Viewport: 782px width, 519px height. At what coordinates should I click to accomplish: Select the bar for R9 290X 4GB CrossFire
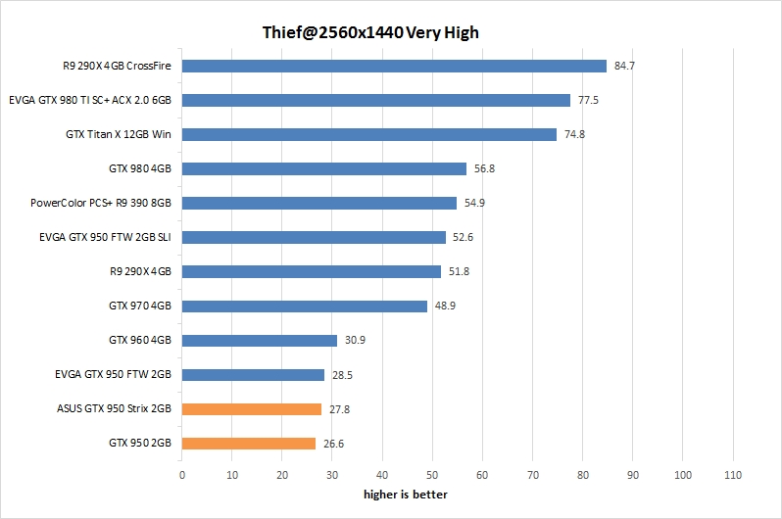click(394, 67)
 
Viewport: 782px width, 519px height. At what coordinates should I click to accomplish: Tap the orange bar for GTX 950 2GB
click(249, 444)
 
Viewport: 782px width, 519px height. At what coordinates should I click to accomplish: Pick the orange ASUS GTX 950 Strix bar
click(252, 409)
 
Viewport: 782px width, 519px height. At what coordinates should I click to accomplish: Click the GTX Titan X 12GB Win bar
click(369, 134)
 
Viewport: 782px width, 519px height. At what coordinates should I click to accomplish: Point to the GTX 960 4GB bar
click(260, 341)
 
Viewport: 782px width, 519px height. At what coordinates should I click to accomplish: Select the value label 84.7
click(625, 67)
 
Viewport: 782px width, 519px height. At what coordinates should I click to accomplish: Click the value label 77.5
click(589, 100)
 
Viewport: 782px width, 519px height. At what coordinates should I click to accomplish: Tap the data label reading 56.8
click(485, 168)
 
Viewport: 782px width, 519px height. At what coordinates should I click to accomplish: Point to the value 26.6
click(334, 444)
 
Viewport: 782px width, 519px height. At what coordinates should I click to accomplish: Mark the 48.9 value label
click(446, 307)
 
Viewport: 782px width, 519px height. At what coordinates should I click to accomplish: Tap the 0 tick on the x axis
click(182, 475)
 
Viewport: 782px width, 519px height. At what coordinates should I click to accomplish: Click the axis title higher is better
click(406, 495)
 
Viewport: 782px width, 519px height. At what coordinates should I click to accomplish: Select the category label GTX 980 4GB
click(140, 168)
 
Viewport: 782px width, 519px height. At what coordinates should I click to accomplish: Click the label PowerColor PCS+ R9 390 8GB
click(102, 203)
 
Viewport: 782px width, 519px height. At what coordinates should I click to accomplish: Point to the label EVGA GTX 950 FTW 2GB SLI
click(106, 237)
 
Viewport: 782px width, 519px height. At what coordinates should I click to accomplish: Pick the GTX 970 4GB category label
click(140, 307)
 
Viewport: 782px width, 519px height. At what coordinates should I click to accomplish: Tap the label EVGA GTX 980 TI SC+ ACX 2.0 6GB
click(90, 100)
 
